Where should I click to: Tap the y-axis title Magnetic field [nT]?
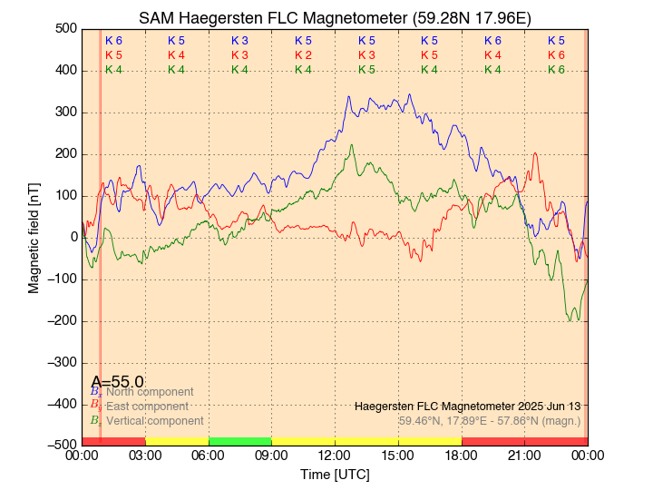pyautogui.click(x=34, y=236)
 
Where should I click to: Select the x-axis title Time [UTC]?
pyautogui.click(x=335, y=475)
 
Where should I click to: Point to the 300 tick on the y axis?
pyautogui.click(x=66, y=113)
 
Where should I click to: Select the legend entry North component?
pyautogui.click(x=150, y=392)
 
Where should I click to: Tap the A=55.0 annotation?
pyautogui.click(x=117, y=382)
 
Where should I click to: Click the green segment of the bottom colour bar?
pyautogui.click(x=239, y=441)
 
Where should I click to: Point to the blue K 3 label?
pyautogui.click(x=239, y=41)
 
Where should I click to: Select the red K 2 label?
pyautogui.click(x=303, y=55)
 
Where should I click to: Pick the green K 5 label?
pyautogui.click(x=366, y=70)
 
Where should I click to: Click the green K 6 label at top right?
pyautogui.click(x=556, y=70)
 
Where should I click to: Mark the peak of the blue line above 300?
pyautogui.click(x=410, y=94)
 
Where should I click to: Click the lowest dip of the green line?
pyautogui.click(x=570, y=320)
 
